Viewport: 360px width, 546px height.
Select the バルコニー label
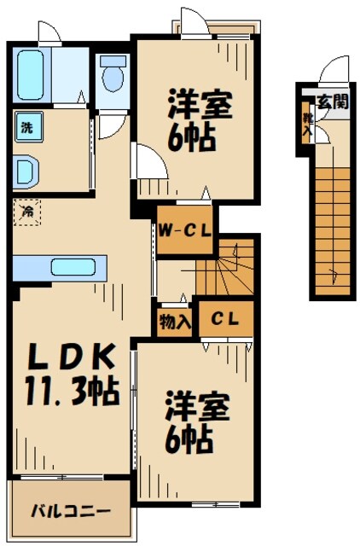coord(71,512)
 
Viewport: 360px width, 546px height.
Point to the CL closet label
coord(224,320)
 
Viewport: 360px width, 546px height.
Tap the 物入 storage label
coord(173,322)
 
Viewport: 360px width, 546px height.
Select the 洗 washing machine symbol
coord(26,130)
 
